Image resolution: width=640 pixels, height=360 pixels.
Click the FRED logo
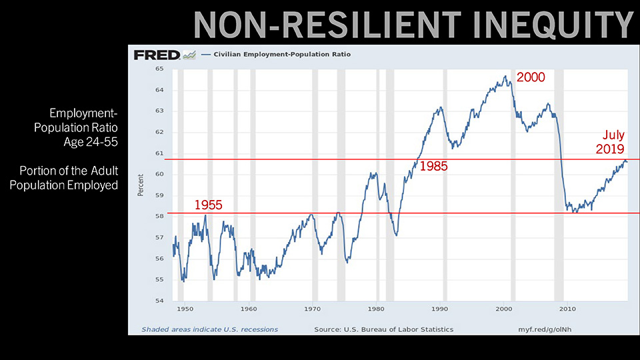[x=157, y=55]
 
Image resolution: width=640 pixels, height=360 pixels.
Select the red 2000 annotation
[x=531, y=77]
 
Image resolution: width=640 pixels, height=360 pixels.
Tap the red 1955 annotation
[x=208, y=205]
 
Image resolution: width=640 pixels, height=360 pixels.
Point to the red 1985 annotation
[x=433, y=166]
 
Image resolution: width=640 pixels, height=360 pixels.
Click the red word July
[x=613, y=136]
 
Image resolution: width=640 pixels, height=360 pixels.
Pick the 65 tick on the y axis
[x=159, y=69]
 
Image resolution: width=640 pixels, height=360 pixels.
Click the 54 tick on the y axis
[x=159, y=301]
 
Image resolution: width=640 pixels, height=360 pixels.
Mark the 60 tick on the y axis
[x=159, y=175]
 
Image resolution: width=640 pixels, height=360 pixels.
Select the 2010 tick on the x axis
[x=567, y=309]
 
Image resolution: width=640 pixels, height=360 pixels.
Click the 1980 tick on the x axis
[x=376, y=309]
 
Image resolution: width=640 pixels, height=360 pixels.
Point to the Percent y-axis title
[x=141, y=185]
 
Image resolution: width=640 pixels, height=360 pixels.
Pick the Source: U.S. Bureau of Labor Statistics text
[x=383, y=329]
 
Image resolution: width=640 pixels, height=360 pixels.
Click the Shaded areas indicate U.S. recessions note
[x=209, y=329]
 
